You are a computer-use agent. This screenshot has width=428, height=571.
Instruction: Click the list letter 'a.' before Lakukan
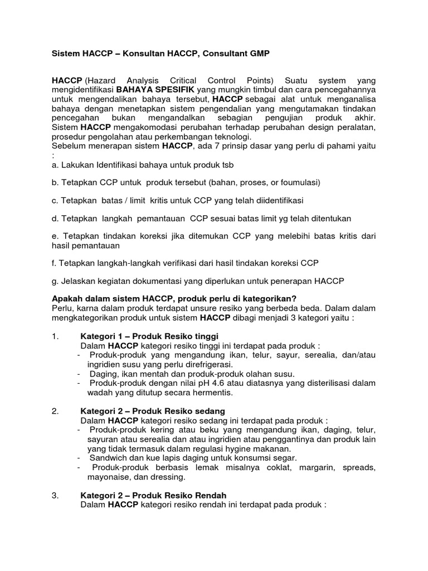coord(55,166)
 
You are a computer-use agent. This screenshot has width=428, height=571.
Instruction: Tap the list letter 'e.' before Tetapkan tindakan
coord(55,236)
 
